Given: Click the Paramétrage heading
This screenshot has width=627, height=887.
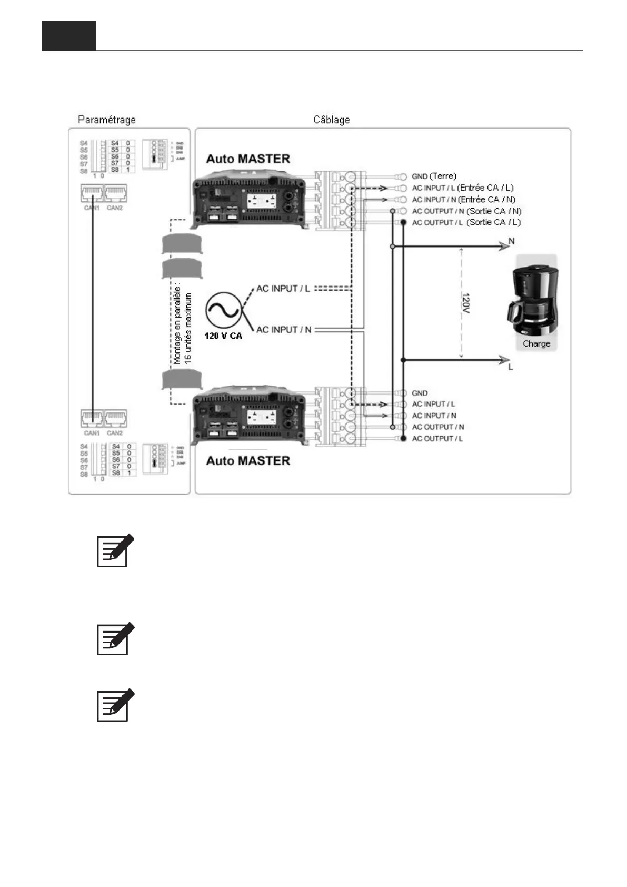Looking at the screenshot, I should click(106, 120).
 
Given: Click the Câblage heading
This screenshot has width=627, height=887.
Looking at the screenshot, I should click(331, 120).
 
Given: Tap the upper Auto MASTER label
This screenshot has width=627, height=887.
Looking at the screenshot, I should click(248, 159).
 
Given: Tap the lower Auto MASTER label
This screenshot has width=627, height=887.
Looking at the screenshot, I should click(248, 461).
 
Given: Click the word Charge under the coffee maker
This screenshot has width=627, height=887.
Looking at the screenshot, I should click(536, 344).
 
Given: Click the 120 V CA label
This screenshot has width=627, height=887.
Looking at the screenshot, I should click(223, 336).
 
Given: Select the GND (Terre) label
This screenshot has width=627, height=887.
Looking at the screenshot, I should click(434, 176).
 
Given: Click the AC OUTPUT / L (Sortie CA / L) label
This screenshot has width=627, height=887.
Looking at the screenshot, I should click(466, 222).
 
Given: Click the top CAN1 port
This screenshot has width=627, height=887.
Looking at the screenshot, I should click(92, 194).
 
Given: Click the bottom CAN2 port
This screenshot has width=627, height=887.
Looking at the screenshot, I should click(115, 419).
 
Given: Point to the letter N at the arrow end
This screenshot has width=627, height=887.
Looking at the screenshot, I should click(511, 241).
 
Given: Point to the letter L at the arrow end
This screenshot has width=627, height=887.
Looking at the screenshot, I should click(511, 367).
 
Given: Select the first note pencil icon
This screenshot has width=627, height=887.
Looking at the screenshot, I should click(115, 550).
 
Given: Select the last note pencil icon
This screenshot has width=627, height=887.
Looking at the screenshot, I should click(115, 705).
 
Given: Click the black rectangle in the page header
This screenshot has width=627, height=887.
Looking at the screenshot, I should click(69, 36).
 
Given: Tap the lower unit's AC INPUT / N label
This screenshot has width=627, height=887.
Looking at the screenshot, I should click(434, 416).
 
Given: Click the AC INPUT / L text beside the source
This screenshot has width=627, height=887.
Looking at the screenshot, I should click(283, 289).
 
